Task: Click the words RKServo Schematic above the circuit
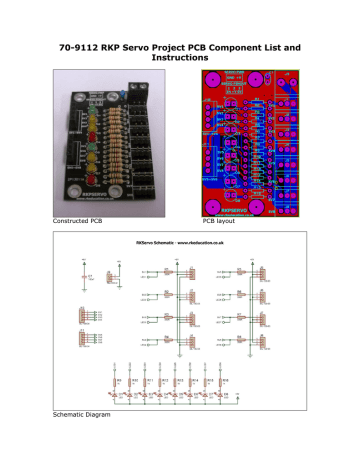(x=152, y=242)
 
